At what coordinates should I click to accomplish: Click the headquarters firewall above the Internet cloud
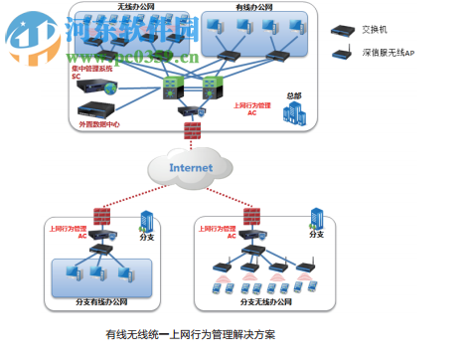pos(188,132)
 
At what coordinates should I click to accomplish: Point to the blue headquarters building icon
pos(292,116)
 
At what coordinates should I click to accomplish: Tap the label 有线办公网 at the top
pos(255,9)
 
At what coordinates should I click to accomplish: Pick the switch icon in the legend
pos(342,31)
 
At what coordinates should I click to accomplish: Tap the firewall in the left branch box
pos(100,216)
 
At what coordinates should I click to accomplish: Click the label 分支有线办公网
pos(101,301)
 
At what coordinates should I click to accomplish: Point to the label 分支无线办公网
pos(266,301)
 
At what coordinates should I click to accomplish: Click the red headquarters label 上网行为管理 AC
pos(252,108)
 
